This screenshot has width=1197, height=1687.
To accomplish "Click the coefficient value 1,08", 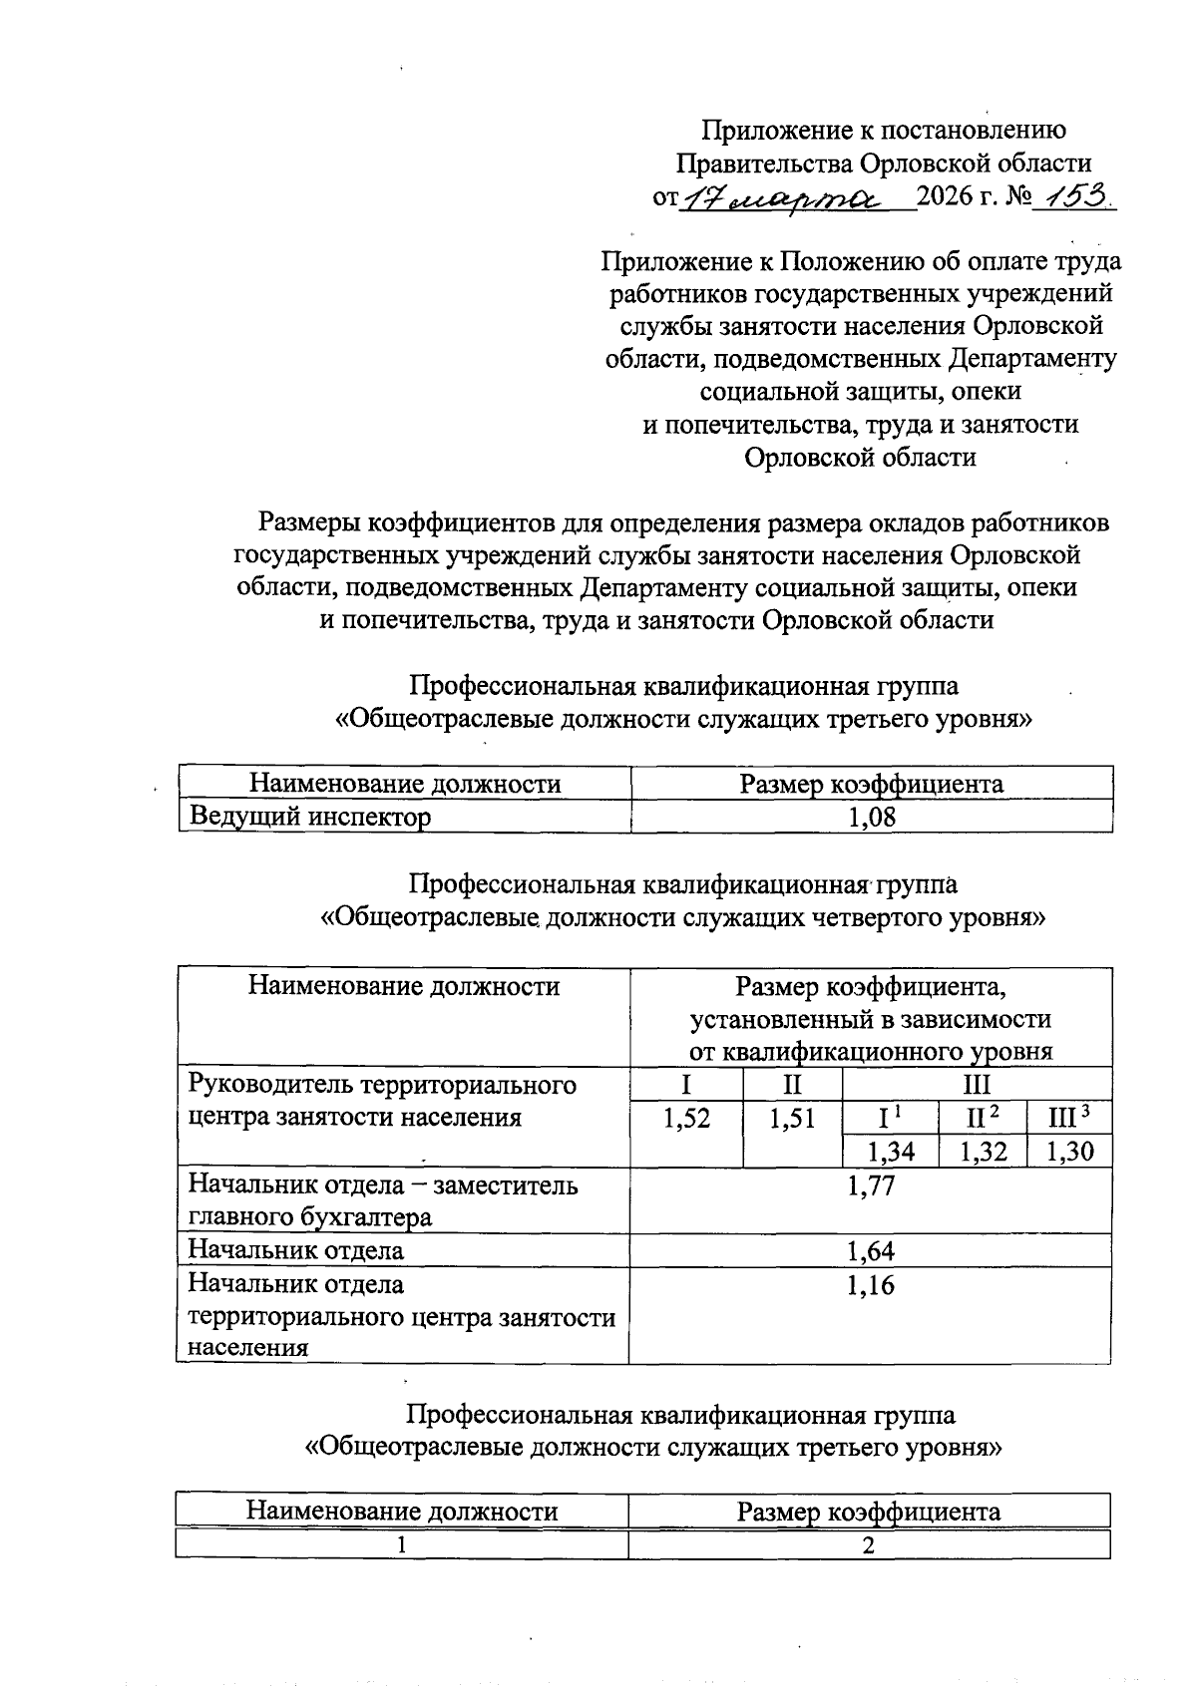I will coord(871,818).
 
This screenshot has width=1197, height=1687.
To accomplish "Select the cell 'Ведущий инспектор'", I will coord(310,818).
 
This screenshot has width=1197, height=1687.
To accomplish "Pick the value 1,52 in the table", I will coord(686,1119).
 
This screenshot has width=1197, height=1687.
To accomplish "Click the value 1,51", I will coord(792,1119).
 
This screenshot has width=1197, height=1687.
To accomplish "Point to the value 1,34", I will coord(890,1153).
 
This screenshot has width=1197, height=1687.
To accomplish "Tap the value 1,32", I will coord(983,1153).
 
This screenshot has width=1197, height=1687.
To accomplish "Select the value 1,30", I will coord(1070,1153).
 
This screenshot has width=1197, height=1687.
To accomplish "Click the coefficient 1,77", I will coord(870,1185).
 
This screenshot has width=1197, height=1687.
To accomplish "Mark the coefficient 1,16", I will coord(870,1285).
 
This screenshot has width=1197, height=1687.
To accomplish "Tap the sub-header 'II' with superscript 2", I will coord(983,1118).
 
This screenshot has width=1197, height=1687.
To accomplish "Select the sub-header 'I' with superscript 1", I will coord(890,1118).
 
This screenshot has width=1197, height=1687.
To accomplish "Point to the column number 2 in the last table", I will coord(869,1545).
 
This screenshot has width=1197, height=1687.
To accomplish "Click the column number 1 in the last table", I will coord(401,1545).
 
